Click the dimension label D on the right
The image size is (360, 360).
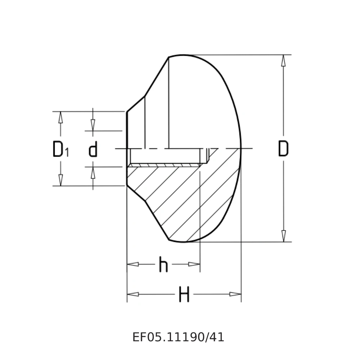[x=283, y=149]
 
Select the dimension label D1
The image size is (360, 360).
[x=60, y=149]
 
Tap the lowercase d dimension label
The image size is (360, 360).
[x=93, y=149]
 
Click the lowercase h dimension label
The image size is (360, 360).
[x=163, y=265]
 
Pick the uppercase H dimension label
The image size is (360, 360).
[x=184, y=295]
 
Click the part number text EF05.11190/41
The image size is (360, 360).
[x=178, y=337]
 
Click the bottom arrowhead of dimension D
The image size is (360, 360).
[x=283, y=236]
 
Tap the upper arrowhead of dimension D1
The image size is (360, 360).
[x=60, y=117]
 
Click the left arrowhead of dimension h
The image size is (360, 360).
[x=133, y=264]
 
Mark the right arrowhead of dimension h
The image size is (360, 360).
[x=194, y=264]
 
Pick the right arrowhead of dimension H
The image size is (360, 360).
[x=235, y=294]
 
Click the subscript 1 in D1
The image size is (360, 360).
[x=67, y=153]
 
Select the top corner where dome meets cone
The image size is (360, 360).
[x=168, y=57]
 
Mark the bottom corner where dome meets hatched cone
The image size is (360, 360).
[x=169, y=239]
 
